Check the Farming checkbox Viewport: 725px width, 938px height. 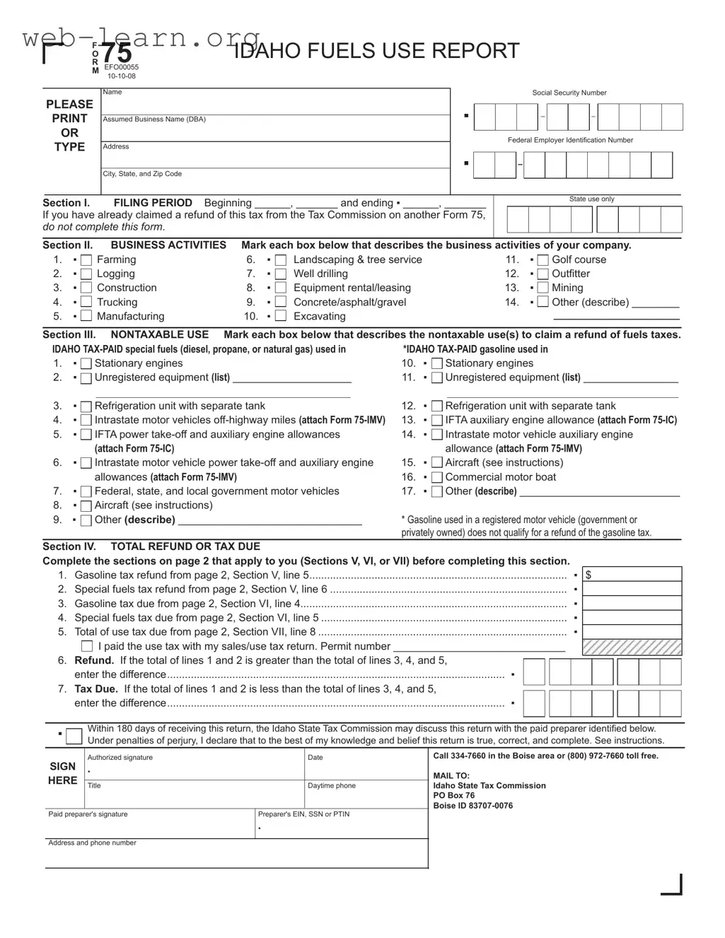click(86, 260)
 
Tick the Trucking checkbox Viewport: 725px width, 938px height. click(86, 303)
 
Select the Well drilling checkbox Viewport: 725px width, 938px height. click(281, 274)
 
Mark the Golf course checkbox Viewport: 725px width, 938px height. click(543, 260)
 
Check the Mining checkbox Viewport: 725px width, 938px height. click(543, 288)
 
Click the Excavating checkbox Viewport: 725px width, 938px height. click(281, 317)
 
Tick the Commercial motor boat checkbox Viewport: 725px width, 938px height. click(436, 478)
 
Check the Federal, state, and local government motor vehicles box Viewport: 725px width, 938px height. click(86, 492)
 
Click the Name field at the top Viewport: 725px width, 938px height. click(275, 103)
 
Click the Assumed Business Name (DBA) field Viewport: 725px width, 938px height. click(275, 130)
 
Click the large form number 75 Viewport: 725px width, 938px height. click(116, 54)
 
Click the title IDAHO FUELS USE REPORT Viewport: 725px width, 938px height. click(376, 51)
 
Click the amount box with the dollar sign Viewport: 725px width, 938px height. click(632, 575)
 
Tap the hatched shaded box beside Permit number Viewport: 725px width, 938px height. click(632, 647)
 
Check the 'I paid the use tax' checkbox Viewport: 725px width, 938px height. click(87, 646)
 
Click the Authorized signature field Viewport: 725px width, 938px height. click(194, 770)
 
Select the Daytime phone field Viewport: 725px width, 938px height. click(365, 797)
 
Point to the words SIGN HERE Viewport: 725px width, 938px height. click(63, 773)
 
